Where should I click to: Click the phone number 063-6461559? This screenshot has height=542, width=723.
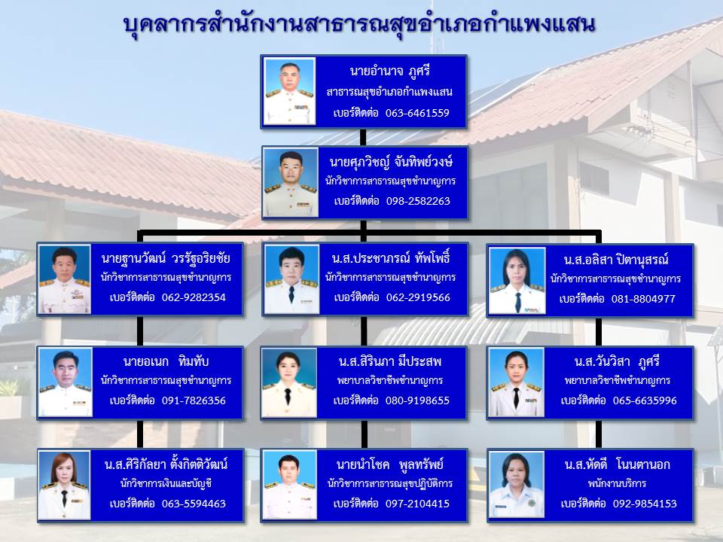pyautogui.click(x=417, y=113)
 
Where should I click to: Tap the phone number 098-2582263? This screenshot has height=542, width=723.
pyautogui.click(x=418, y=201)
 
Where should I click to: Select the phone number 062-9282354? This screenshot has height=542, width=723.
pyautogui.click(x=194, y=297)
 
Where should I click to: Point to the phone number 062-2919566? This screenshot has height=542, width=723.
pyautogui.click(x=418, y=297)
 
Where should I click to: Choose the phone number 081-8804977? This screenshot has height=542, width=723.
pyautogui.click(x=643, y=299)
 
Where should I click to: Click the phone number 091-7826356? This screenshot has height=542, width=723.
pyautogui.click(x=194, y=400)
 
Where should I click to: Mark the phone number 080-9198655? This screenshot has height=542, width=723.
pyautogui.click(x=417, y=400)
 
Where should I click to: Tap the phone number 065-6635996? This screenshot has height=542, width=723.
pyautogui.click(x=645, y=400)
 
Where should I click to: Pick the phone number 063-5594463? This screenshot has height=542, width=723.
pyautogui.click(x=194, y=504)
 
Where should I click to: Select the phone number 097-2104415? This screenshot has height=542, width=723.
pyautogui.click(x=417, y=504)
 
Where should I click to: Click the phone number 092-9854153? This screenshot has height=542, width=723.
pyautogui.click(x=645, y=504)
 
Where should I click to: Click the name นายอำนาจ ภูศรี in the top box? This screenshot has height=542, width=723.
pyautogui.click(x=389, y=71)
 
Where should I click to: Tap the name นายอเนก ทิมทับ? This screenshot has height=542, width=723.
pyautogui.click(x=166, y=361)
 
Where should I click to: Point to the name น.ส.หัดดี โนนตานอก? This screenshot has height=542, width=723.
pyautogui.click(x=618, y=464)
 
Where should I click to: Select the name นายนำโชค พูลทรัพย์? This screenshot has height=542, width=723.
pyautogui.click(x=389, y=464)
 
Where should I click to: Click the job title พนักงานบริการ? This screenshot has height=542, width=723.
pyautogui.click(x=617, y=484)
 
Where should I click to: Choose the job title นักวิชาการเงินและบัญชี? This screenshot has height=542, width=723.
pyautogui.click(x=166, y=484)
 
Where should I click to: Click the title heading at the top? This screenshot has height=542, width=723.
pyautogui.click(x=359, y=24)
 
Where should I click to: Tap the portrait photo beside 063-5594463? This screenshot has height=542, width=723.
pyautogui.click(x=64, y=486)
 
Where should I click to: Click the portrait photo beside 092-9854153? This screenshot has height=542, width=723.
pyautogui.click(x=517, y=486)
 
